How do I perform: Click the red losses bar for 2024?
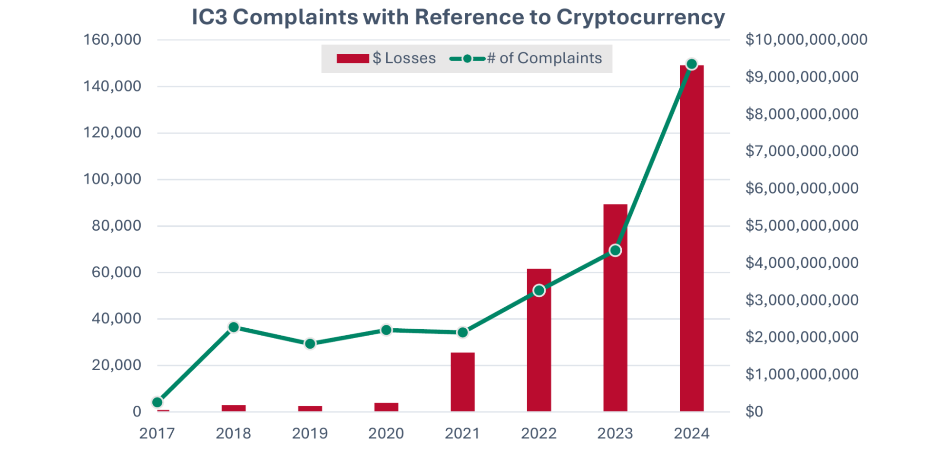click(691, 238)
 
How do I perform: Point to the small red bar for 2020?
click(386, 407)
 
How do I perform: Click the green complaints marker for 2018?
click(234, 327)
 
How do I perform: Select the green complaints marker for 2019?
click(310, 343)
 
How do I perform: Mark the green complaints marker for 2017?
click(157, 402)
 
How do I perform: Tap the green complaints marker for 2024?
click(692, 64)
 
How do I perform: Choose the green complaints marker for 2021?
click(462, 332)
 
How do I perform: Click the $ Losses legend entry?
click(386, 58)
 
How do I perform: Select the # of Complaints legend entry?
click(526, 58)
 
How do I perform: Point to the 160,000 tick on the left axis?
click(112, 39)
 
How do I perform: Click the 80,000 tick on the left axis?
click(117, 225)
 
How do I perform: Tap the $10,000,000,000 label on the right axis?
click(806, 39)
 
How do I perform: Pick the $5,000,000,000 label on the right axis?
click(802, 225)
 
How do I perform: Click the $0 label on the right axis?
click(754, 411)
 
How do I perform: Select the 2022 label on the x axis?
click(539, 433)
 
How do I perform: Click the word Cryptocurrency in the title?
click(640, 17)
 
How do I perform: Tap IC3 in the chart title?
click(209, 17)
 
